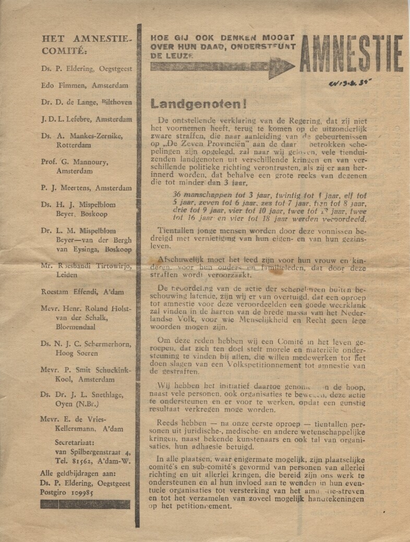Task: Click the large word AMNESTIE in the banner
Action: tap(351, 54)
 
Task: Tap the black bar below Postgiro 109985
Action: tap(85, 503)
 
